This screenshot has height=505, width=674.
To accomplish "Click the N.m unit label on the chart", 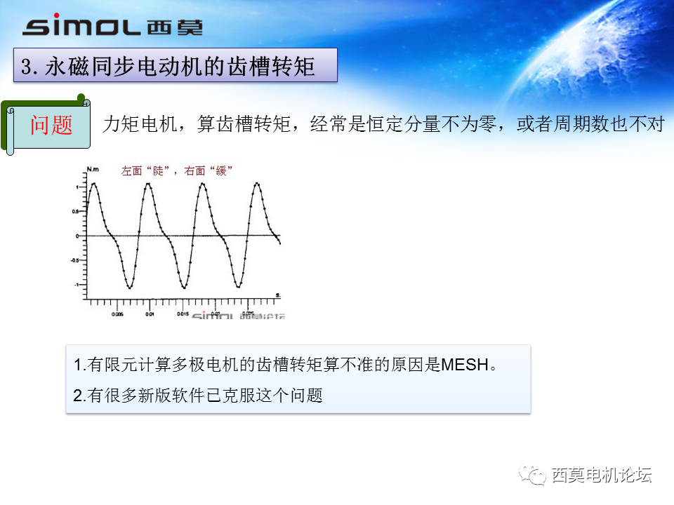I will (x=93, y=169).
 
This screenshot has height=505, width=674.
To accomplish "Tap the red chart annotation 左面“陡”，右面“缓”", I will (x=176, y=170).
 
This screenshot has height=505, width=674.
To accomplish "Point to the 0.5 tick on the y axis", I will (x=75, y=210).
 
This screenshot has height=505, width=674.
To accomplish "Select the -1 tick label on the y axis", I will (x=76, y=284).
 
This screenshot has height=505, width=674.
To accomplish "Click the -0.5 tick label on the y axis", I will (x=74, y=260).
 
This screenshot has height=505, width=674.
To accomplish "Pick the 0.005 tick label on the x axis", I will (x=117, y=314).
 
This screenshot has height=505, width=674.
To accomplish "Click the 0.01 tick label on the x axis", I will (x=150, y=314).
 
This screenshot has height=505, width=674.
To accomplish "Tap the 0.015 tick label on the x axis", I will (x=183, y=314).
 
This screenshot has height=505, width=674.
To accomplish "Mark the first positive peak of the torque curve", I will (x=93, y=183).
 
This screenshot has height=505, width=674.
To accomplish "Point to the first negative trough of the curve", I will (x=129, y=288).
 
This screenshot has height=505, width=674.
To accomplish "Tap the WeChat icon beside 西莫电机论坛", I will (x=536, y=476).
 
